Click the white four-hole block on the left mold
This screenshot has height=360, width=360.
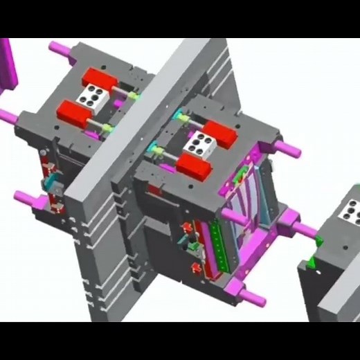click(91, 96)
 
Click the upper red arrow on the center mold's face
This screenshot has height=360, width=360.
click(186, 228)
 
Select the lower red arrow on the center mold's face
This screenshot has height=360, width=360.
click(196, 266)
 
